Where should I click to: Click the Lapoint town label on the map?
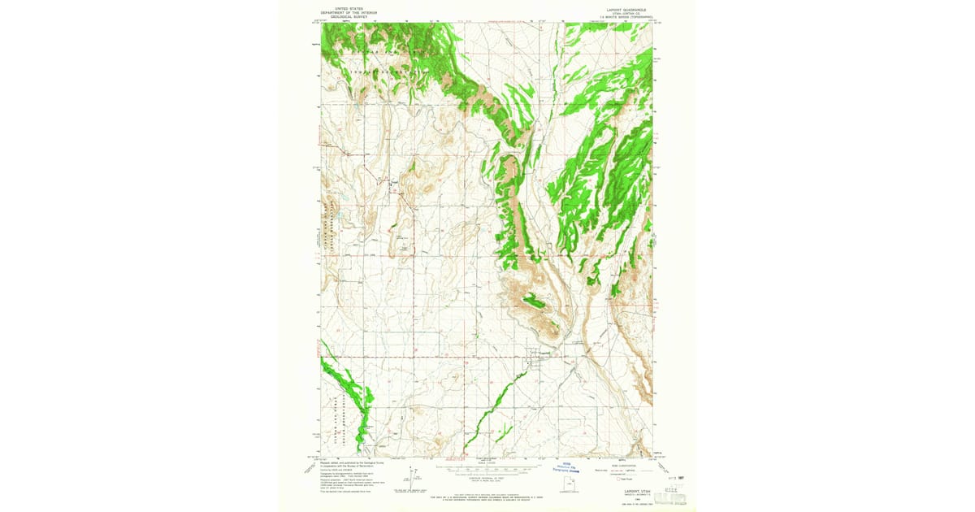pos(545,352)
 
